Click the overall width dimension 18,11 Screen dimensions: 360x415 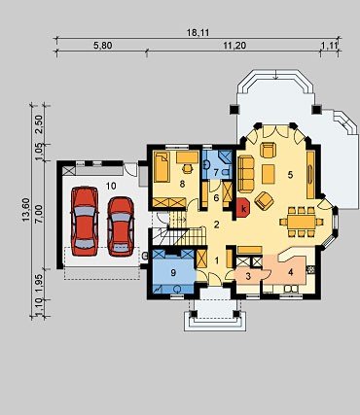coord(198,33)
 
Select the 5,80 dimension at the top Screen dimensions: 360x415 coord(103,46)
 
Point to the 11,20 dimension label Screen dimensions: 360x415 coord(234,46)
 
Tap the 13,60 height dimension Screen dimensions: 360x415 coord(26,210)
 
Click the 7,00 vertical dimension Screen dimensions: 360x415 coord(39,214)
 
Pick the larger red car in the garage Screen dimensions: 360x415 coord(85,221)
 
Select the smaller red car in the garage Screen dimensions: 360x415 coord(121,225)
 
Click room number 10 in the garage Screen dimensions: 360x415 coord(111,186)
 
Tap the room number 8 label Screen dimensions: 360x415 coord(182,185)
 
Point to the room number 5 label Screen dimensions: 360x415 coord(290,175)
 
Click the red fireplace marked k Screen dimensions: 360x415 coord(242,207)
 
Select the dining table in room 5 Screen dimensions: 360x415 coord(301,222)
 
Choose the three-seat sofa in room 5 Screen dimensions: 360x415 coord(246,174)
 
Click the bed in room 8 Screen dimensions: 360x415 coord(162,167)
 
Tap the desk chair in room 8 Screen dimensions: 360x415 coord(187,168)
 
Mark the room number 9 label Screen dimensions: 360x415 coord(173,273)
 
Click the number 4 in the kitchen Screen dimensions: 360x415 coord(291,272)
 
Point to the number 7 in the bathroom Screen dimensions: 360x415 coord(216,171)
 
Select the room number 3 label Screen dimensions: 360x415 coord(248,276)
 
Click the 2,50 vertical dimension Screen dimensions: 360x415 coord(39,123)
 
